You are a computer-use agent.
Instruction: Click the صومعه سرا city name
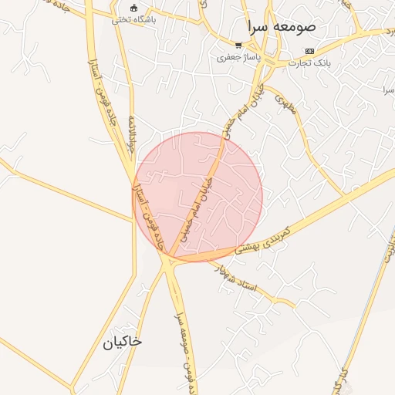tap(278, 26)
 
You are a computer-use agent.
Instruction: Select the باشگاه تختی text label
tap(133, 20)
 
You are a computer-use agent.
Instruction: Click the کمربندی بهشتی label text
tap(262, 238)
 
